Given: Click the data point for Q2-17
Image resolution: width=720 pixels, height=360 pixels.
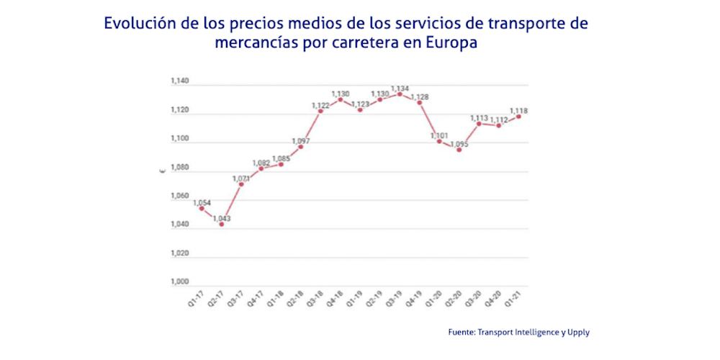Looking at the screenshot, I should point(221,224).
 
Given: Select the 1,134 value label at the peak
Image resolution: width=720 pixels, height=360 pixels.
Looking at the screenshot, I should point(400,89).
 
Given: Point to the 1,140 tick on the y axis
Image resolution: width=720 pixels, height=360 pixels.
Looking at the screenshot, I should point(179,81).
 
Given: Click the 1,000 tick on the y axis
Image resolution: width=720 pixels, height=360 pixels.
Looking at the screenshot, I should point(179,282).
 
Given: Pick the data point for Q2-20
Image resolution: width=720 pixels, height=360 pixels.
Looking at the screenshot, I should point(459,150).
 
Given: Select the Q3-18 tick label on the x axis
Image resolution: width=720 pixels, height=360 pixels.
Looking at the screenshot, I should point(314,298).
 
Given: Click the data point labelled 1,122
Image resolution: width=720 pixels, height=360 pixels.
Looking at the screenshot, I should point(320,111).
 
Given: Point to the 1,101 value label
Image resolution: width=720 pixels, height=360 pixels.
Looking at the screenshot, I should point(440,135).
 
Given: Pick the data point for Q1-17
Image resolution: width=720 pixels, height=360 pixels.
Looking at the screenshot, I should point(202,209).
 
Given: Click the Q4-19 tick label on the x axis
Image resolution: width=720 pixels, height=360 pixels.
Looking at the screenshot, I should point(413,298).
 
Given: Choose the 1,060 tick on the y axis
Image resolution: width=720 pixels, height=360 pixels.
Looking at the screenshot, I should point(179,196).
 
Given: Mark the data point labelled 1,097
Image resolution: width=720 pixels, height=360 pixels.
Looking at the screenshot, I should point(300,147).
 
